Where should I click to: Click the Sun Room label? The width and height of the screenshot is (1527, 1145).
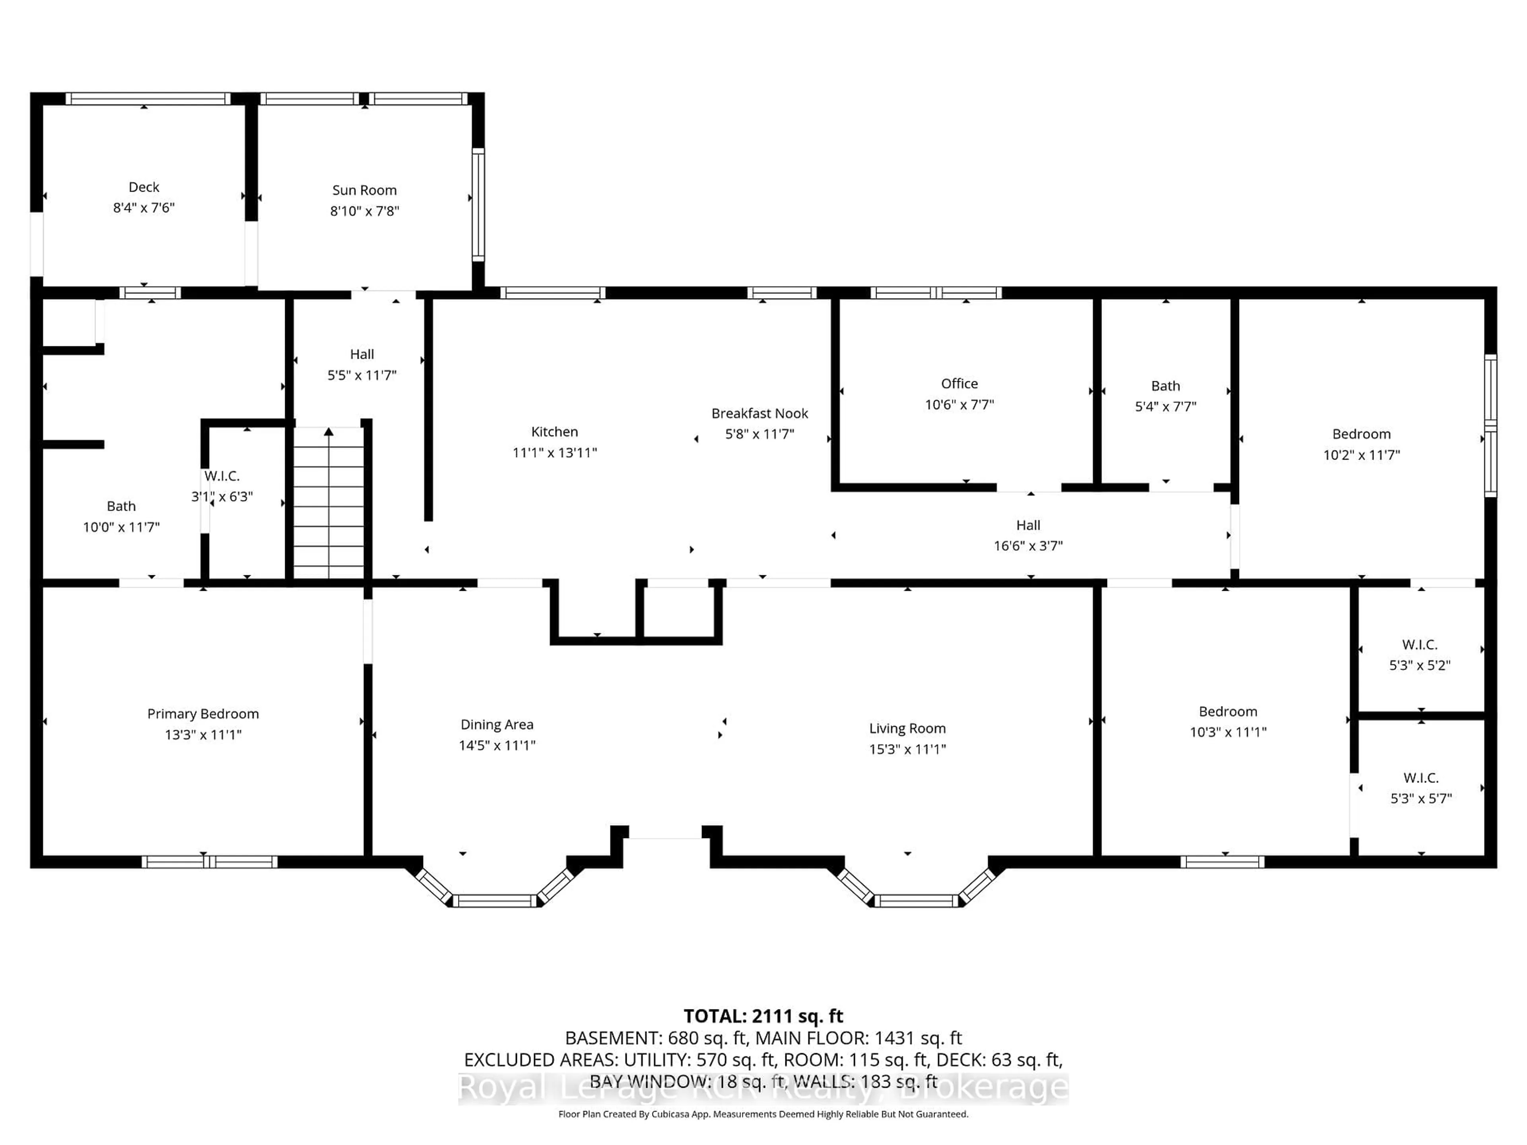point(365,190)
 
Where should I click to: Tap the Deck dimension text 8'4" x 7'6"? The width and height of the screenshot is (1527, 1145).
point(144,208)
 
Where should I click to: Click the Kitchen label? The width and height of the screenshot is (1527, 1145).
point(554,431)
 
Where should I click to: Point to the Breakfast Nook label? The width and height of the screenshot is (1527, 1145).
point(760,413)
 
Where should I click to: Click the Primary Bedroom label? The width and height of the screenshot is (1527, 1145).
point(203,714)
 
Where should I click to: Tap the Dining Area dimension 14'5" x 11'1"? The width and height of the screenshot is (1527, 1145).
point(497,745)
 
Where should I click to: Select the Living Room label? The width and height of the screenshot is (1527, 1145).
point(907,728)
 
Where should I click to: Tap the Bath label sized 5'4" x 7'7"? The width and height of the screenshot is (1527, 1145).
point(1165,386)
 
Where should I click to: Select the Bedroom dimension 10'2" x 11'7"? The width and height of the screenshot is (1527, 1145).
point(1361,455)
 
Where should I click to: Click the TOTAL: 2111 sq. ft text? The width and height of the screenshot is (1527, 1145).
point(763,1016)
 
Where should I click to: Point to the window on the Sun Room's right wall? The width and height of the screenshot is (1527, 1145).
point(478,204)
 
